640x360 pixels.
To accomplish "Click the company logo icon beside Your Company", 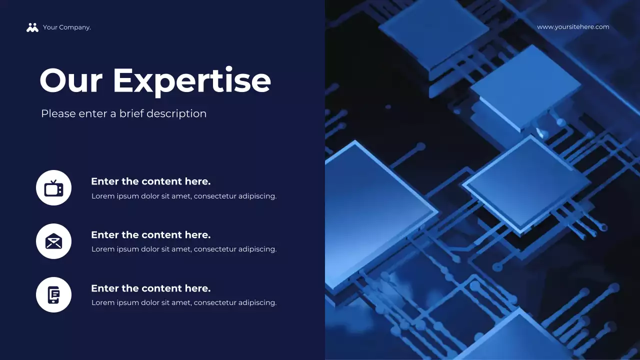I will click(32, 27).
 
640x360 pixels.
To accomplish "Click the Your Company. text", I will click(67, 27).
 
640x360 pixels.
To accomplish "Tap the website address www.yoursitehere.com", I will click(573, 27).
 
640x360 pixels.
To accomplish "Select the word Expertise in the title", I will click(191, 80).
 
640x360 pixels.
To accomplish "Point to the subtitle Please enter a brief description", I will click(123, 113).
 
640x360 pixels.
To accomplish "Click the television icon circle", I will click(53, 188).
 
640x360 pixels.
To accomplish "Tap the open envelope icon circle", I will click(53, 241).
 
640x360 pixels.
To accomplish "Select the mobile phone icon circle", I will click(53, 295).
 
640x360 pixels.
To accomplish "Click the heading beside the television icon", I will click(150, 181).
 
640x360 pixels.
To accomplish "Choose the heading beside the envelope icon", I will click(150, 235).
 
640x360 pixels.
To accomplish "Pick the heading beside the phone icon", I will click(150, 288).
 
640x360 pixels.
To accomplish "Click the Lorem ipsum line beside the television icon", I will click(183, 196).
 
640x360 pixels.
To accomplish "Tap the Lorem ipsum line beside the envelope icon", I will click(183, 249).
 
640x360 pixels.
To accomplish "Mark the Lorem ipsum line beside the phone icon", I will click(183, 302).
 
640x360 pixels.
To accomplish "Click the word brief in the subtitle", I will click(131, 113).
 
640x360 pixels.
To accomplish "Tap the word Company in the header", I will click(74, 27).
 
